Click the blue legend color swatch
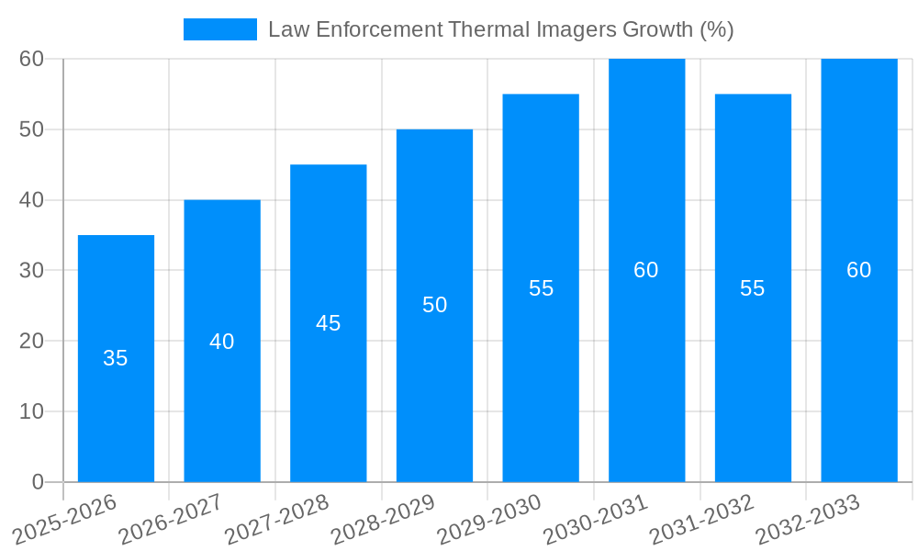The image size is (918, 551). (x=220, y=29)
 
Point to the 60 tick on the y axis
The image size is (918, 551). (x=32, y=59)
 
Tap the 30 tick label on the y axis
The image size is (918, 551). (x=32, y=270)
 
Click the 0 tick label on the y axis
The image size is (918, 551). (x=38, y=481)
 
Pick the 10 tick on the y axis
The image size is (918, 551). (x=32, y=411)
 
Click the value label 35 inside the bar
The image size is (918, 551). (x=116, y=358)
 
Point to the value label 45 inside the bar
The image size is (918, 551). (x=329, y=323)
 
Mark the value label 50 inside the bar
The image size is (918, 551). (x=434, y=305)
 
